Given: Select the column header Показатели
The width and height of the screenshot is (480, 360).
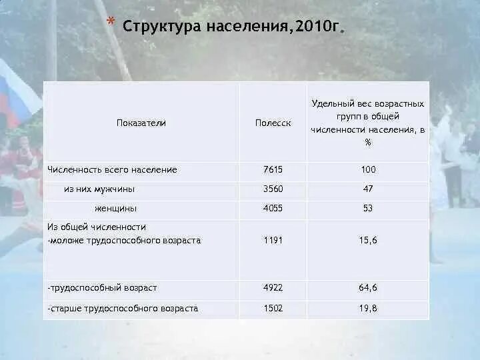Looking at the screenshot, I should (x=141, y=123).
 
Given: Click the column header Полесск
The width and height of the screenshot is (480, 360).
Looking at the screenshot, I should (x=273, y=123).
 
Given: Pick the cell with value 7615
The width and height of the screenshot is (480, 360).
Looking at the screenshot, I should (x=273, y=169).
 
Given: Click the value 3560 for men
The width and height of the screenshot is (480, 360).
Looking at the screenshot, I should (x=273, y=189).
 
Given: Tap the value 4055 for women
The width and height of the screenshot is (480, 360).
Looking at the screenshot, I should (x=273, y=208).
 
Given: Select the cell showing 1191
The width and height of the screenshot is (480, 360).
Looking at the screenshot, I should (x=273, y=240).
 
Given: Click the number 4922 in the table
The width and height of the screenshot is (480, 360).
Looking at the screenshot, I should (x=273, y=288).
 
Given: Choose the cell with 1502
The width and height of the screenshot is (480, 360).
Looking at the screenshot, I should (x=273, y=308).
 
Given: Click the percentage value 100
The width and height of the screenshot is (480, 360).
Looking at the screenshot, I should (x=368, y=169).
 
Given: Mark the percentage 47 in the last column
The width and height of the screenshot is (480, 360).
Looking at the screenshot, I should (x=368, y=189).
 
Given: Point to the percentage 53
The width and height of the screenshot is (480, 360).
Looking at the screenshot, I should (x=368, y=208).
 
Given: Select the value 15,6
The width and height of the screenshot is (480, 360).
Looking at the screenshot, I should (x=368, y=240).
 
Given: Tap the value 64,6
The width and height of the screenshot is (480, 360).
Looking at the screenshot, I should (x=368, y=288).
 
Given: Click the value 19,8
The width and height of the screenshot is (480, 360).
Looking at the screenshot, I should (x=368, y=308).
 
